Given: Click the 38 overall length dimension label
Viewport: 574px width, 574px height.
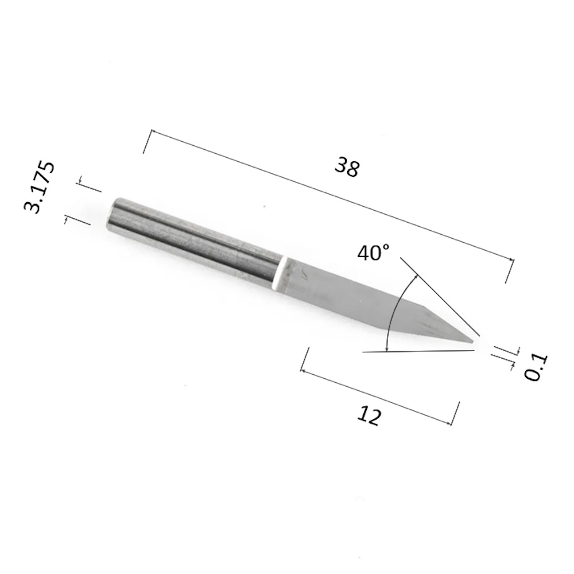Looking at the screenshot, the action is tap(347, 167).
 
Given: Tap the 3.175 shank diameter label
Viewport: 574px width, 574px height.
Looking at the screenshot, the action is tap(39, 187).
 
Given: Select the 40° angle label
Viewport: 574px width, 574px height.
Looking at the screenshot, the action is tap(374, 253).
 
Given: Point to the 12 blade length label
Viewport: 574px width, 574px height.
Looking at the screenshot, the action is tap(369, 415).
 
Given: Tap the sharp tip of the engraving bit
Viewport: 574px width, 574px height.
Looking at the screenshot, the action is tap(474, 342).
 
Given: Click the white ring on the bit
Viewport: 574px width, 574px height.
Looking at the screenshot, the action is tap(280, 273).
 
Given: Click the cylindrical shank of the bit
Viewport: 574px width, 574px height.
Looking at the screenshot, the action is tap(194, 242).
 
